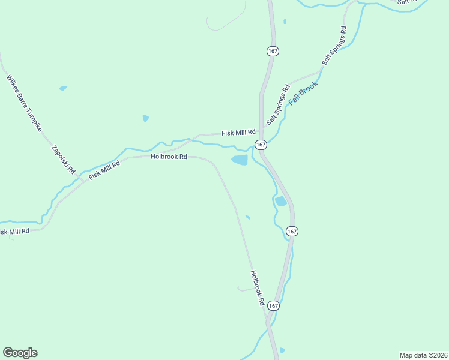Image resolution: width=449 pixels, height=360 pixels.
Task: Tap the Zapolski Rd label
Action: (63, 160)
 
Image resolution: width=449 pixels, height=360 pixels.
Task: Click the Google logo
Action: (20, 353)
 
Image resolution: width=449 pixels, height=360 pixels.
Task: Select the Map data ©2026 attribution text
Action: (423, 355)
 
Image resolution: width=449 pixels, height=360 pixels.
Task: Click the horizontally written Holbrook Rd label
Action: (169, 157)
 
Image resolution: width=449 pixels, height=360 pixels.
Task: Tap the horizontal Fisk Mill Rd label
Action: (238, 133)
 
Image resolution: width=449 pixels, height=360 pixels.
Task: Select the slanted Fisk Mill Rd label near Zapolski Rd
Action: (105, 170)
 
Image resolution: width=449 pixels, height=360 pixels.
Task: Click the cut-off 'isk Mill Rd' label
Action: (14, 232)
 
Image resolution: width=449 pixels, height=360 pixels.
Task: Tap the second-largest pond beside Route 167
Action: (280, 201)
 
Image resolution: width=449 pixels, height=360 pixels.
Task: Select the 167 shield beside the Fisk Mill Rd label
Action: (261, 145)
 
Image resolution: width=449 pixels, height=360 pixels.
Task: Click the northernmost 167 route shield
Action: (273, 51)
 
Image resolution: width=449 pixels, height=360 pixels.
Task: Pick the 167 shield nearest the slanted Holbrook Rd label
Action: (273, 305)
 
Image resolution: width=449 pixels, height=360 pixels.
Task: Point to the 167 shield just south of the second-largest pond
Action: (292, 231)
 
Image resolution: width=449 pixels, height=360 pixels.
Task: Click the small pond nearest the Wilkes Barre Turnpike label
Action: (63, 88)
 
